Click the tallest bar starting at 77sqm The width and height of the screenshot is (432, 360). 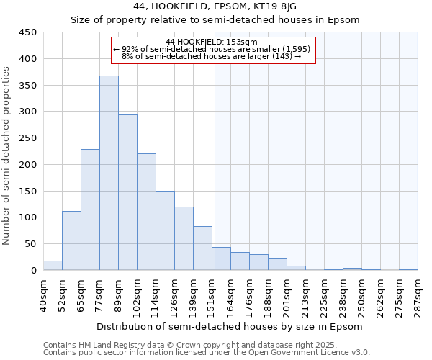coord(109,173)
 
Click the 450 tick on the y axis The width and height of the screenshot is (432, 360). coord(28,32)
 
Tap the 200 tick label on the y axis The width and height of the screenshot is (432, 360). coord(28,165)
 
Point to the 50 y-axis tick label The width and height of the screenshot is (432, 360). coord(31,244)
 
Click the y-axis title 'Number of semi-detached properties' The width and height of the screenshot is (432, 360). coord(6,155)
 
